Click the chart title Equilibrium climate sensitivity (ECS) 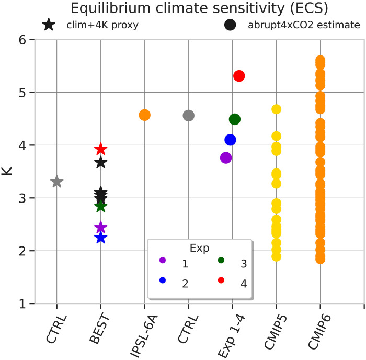tap(182, 8)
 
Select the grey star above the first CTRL tap(57, 182)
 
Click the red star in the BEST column tap(101, 150)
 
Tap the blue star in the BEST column tap(101, 238)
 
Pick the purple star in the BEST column tap(101, 228)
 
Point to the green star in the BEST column tap(101, 206)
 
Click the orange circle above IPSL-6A tap(145, 115)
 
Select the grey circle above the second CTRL tap(189, 115)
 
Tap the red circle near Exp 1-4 tap(239, 76)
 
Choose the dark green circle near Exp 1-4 tap(235, 119)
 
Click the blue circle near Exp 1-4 tap(230, 140)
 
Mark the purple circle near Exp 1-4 tap(226, 157)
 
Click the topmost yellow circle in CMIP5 tap(277, 109)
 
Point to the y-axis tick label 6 tap(23, 40)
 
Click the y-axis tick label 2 tap(23, 251)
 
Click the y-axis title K tap(7, 171)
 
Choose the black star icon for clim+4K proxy tap(49, 25)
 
